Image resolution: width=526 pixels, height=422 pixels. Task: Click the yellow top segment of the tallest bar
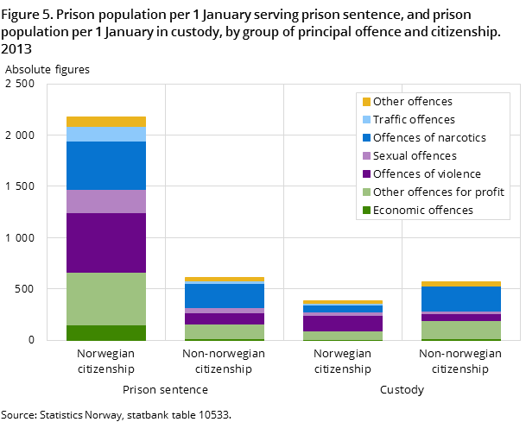coord(105,122)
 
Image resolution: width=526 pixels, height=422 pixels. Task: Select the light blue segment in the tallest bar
coord(105,134)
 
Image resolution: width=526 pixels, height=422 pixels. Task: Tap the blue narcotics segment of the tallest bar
coord(105,165)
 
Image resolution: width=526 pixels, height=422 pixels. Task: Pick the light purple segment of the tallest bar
coord(105,201)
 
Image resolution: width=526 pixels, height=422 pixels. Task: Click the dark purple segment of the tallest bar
coord(105,242)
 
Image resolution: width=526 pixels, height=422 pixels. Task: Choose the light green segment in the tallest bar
coord(105,299)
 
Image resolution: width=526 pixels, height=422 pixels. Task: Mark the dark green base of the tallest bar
coord(105,332)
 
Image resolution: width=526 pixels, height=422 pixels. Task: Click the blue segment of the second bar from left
coord(225,296)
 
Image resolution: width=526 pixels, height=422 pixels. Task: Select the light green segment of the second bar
coord(225,331)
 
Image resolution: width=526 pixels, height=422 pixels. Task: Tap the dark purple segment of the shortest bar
coord(343,324)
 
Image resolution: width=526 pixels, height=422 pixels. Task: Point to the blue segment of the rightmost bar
coord(461,299)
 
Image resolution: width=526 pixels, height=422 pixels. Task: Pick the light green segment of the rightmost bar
coord(461,330)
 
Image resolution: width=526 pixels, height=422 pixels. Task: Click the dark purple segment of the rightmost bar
coord(461,318)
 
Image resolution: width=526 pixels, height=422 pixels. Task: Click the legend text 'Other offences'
coord(412,102)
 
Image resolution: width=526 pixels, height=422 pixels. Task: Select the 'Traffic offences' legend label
coord(414,120)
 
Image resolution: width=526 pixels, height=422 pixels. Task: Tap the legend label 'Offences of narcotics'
coord(429,138)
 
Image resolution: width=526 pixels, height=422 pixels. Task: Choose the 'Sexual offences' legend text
coord(415,156)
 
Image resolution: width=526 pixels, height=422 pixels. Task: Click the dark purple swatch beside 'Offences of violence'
coord(366,174)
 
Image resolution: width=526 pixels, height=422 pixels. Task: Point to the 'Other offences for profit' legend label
coord(438,192)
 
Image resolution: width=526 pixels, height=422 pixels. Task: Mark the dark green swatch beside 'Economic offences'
coord(366,211)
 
